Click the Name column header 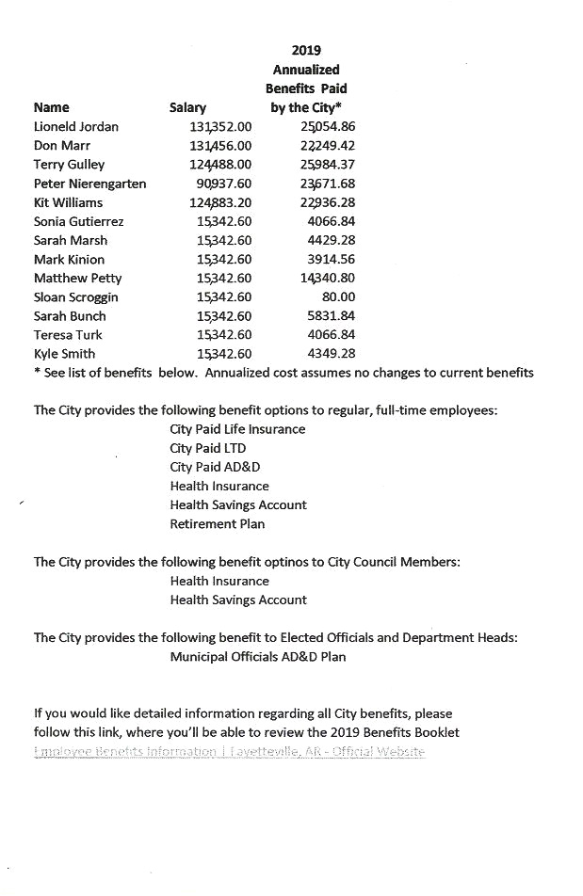[x=52, y=107]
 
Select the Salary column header [x=187, y=107]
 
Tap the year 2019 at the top [x=306, y=51]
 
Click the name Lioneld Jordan [x=76, y=126]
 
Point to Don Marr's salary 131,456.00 [x=220, y=145]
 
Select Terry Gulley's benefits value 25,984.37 [x=322, y=164]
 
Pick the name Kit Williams [x=69, y=202]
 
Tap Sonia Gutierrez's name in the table [x=78, y=221]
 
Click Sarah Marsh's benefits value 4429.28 [x=332, y=240]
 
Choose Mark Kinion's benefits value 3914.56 [x=332, y=259]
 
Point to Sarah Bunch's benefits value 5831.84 [x=332, y=316]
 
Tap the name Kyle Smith [x=65, y=354]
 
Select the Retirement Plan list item [x=218, y=524]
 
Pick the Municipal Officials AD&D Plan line [x=258, y=656]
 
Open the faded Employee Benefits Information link [x=230, y=751]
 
